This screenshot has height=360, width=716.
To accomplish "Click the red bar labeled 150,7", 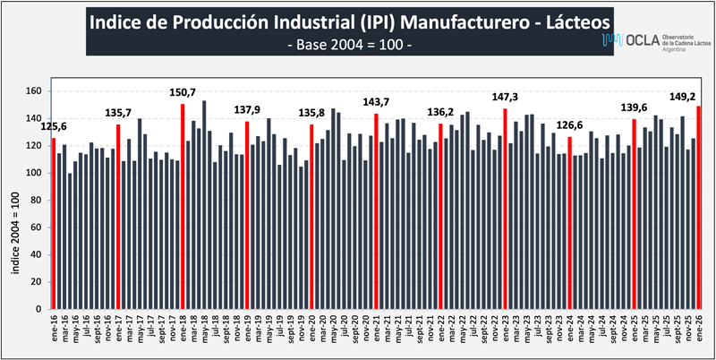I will tap(183, 206).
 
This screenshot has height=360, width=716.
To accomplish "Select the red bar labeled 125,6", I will tap(54, 223).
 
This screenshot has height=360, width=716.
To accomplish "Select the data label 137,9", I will tap(247, 109).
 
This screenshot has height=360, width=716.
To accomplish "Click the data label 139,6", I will tap(634, 107).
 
